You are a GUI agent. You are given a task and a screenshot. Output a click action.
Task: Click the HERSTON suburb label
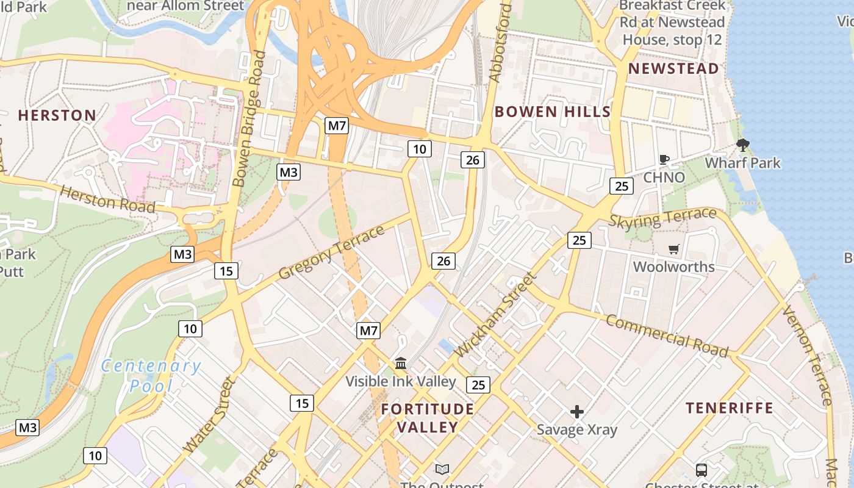tap(57, 115)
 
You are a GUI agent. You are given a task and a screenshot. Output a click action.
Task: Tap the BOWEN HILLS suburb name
tap(552, 112)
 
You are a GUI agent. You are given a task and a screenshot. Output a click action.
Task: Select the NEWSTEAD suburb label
tap(673, 68)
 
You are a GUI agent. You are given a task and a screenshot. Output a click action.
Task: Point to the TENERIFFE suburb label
tap(729, 408)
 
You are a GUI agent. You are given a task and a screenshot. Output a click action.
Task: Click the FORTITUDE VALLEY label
tap(427, 418)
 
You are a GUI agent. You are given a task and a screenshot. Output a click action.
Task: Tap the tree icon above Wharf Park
tap(742, 145)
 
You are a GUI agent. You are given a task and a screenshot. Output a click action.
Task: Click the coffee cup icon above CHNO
tap(664, 160)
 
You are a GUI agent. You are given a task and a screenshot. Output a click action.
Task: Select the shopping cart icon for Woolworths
tap(673, 249)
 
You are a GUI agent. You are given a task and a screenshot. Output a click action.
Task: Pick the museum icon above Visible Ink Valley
tap(401, 364)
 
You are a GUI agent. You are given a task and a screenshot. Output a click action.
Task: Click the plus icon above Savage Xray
tap(576, 412)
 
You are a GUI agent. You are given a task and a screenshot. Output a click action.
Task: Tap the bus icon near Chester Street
tap(701, 470)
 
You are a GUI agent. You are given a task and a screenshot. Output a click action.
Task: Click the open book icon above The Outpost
tap(442, 469)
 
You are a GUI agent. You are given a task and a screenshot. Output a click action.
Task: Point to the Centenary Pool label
tap(151, 376)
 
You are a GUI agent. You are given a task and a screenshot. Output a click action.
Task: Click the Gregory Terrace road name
tap(331, 253)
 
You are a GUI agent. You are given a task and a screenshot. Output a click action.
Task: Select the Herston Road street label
tap(108, 200)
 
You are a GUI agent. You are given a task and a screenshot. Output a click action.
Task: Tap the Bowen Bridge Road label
tap(249, 118)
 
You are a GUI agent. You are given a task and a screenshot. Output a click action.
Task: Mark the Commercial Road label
tap(667, 336)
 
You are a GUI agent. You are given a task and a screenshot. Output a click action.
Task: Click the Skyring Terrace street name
tap(662, 217)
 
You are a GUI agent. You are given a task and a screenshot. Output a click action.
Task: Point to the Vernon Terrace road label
tap(806, 356)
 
